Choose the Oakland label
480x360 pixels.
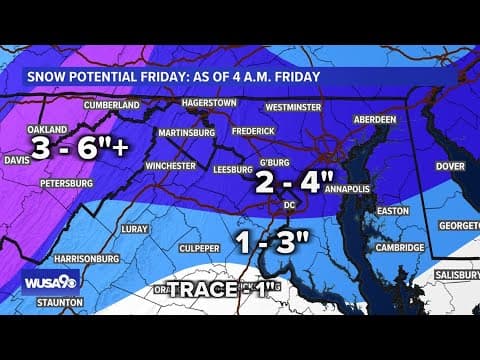coord(47,130)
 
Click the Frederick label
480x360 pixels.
coord(251,131)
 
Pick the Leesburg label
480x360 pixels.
coord(232,170)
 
